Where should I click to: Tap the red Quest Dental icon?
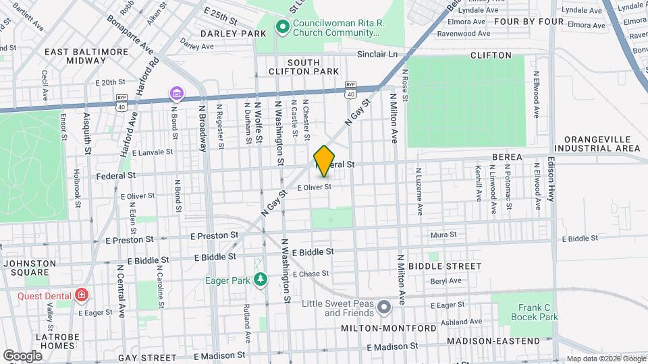point(82,294)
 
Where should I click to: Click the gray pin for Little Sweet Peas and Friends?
point(385,307)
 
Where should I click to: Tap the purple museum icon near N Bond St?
point(176,92)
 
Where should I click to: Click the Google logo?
point(23,355)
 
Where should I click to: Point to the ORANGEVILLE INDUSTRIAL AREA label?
point(601,144)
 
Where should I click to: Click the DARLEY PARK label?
point(223,33)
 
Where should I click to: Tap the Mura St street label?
point(444,235)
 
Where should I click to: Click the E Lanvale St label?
point(153,153)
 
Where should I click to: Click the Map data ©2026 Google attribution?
point(605,359)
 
